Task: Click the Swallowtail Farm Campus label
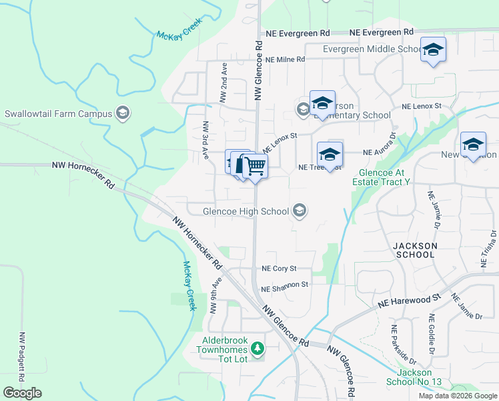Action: pyautogui.click(x=59, y=114)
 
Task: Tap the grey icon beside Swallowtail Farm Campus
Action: pyautogui.click(x=122, y=113)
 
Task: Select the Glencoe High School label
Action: pyautogui.click(x=245, y=212)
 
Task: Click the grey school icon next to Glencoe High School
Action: pyautogui.click(x=300, y=211)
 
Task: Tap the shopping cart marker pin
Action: pyautogui.click(x=254, y=166)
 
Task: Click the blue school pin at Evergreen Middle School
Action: pyautogui.click(x=433, y=50)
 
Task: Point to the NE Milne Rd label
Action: pyautogui.click(x=285, y=59)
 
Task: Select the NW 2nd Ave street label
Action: pyautogui.click(x=224, y=83)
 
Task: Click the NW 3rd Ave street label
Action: pyautogui.click(x=205, y=140)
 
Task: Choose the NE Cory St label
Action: pyautogui.click(x=279, y=269)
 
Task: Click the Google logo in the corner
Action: pyautogui.click(x=23, y=393)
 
